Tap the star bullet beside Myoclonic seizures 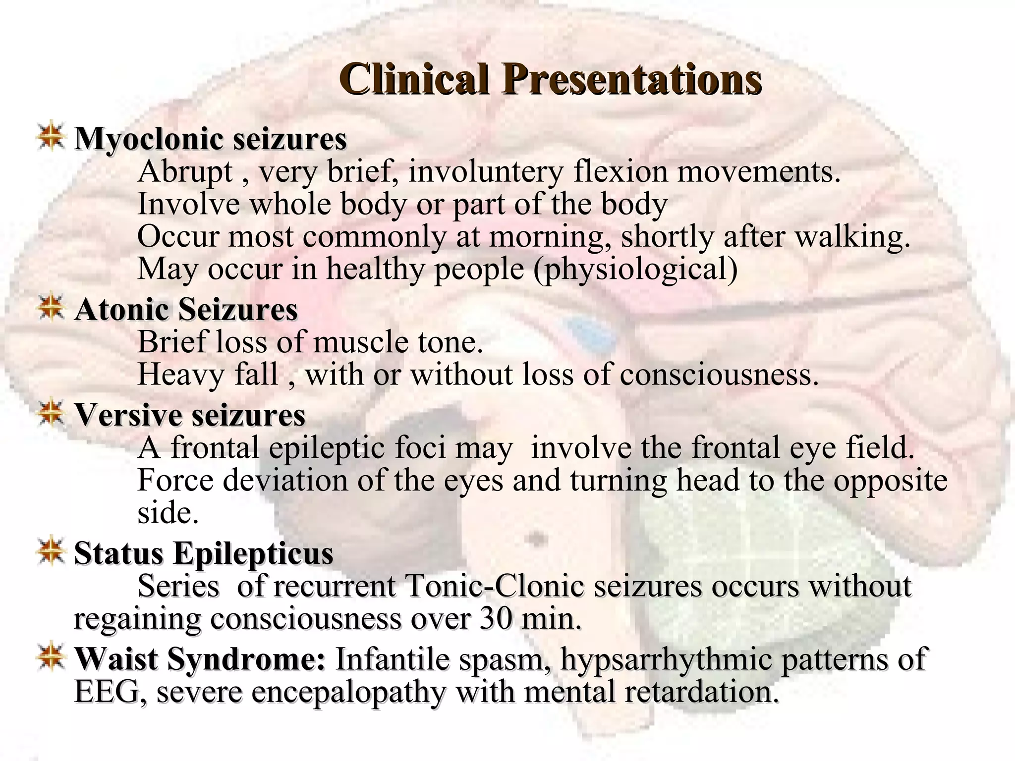point(51,138)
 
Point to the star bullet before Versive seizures point(51,414)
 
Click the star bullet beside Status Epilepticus point(51,552)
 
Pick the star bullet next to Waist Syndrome point(51,657)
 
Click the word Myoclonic point(149,139)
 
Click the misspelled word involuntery point(486,172)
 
